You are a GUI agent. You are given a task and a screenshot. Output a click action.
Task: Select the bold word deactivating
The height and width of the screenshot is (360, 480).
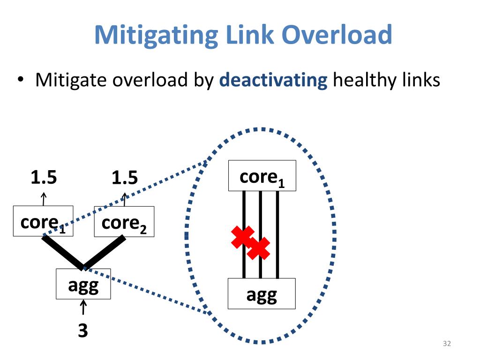(x=273, y=80)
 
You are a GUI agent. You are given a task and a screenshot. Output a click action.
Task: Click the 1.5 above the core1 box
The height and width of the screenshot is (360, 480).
(x=44, y=178)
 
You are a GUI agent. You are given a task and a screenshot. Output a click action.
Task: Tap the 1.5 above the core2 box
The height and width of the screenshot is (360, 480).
(x=125, y=178)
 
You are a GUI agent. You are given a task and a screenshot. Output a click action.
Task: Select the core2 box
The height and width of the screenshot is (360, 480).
(x=124, y=222)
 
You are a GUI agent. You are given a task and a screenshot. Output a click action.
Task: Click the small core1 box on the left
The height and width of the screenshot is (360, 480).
(x=43, y=221)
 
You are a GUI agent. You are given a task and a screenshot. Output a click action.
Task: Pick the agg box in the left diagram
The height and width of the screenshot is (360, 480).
(x=83, y=284)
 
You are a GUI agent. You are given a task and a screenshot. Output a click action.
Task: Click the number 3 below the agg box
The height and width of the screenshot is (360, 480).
(x=83, y=331)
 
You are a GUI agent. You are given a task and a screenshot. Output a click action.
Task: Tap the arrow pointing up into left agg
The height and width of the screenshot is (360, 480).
(x=83, y=308)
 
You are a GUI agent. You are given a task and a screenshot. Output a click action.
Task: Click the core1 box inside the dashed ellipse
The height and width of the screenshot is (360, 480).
(x=262, y=176)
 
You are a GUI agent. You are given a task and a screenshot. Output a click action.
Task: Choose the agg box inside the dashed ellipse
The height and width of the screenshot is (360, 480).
(x=262, y=293)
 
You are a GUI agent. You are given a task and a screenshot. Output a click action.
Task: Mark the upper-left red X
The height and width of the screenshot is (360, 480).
(x=243, y=237)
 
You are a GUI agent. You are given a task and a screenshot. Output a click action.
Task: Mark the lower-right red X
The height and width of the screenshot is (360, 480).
(x=258, y=248)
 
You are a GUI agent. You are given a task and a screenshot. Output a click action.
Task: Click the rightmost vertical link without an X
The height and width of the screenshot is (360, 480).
(x=277, y=234)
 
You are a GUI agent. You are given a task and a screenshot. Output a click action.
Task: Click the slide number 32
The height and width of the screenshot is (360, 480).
(x=447, y=344)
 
